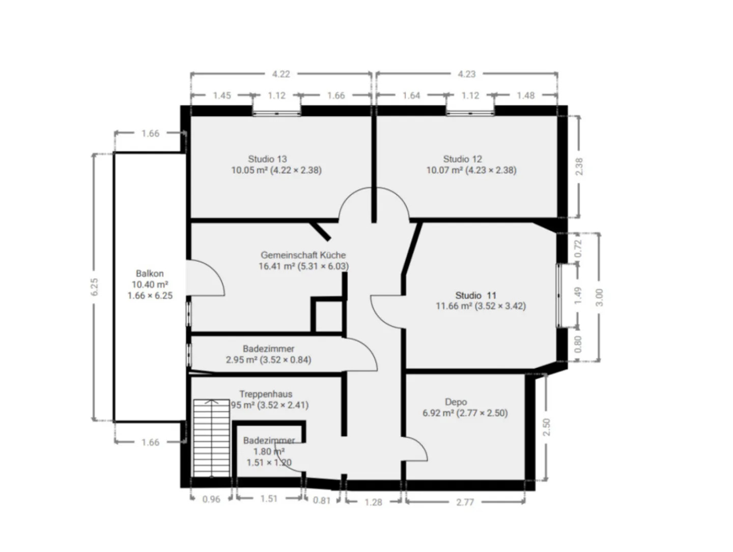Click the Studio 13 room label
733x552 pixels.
(x=268, y=159)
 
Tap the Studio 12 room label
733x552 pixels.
(x=462, y=159)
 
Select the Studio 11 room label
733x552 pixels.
(x=475, y=295)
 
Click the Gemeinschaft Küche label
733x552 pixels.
(x=303, y=255)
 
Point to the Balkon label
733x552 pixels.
(x=150, y=273)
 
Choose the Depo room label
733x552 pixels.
(x=456, y=402)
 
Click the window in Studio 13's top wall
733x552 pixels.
(x=276, y=112)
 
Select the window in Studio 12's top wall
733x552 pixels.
(x=470, y=112)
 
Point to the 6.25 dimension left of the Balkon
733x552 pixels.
(x=94, y=287)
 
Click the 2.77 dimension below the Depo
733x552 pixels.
(x=465, y=502)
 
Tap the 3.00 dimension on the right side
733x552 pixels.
(x=599, y=297)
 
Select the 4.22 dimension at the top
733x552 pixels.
(x=280, y=74)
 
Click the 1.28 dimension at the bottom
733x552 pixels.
(x=373, y=502)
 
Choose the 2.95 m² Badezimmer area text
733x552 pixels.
(x=268, y=360)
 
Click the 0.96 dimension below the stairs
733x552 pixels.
(x=211, y=499)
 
